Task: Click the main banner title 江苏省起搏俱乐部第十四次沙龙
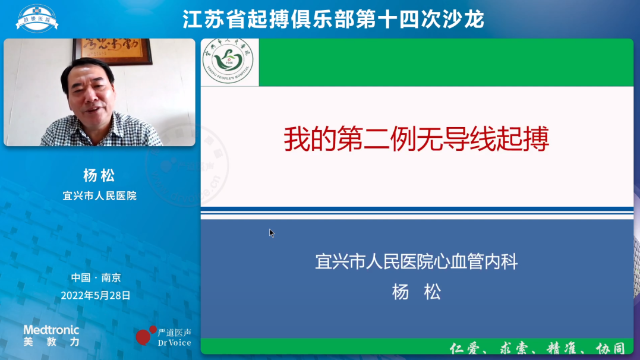click(x=333, y=19)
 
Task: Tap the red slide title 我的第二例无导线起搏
click(x=416, y=140)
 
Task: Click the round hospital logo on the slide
click(x=228, y=62)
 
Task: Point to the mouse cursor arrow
click(x=271, y=233)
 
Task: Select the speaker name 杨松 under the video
click(x=99, y=175)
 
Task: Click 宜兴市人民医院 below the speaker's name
click(x=99, y=195)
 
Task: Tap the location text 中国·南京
click(x=96, y=277)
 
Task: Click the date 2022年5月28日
click(x=96, y=295)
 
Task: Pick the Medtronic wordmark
click(x=51, y=330)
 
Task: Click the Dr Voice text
click(x=174, y=342)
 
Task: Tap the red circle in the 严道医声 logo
click(x=143, y=337)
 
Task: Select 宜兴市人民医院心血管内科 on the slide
click(x=416, y=261)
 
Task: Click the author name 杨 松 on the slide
click(x=416, y=292)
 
